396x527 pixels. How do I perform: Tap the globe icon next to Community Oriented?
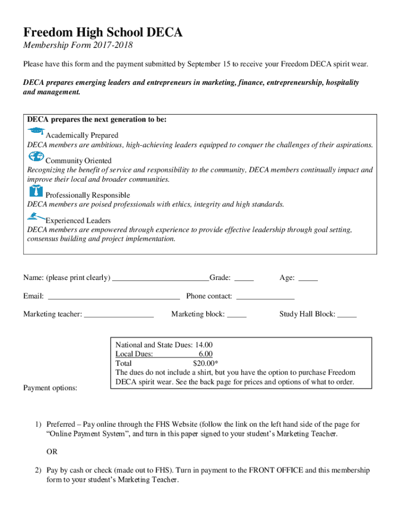(36, 156)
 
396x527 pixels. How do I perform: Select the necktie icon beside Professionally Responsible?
(35, 191)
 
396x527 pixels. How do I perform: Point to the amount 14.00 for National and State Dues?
(204, 345)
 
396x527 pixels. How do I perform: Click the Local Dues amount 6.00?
(206, 354)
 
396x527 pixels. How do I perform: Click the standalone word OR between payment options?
(52, 452)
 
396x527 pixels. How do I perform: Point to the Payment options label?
(50, 388)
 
